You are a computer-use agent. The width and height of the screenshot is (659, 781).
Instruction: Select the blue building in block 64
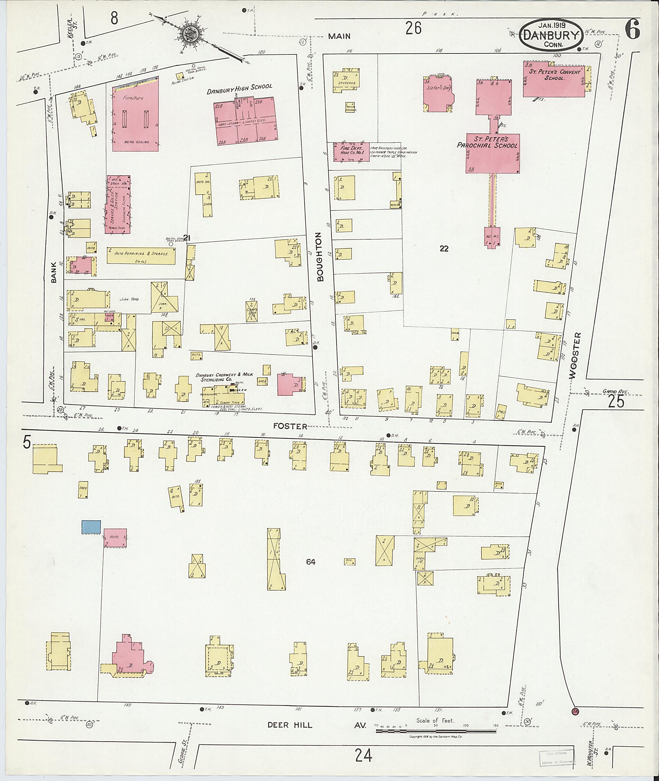point(91,527)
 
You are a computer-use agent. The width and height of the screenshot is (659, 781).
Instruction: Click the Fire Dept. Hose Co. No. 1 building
point(351,152)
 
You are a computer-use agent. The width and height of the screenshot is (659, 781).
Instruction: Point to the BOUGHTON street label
point(320,257)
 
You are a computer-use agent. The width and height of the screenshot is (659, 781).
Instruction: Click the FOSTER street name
point(290,426)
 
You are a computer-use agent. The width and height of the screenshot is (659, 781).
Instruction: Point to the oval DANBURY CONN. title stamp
point(551,35)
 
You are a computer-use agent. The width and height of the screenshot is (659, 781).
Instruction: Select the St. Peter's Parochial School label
point(488,142)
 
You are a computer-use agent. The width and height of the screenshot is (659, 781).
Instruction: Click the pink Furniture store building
point(135,114)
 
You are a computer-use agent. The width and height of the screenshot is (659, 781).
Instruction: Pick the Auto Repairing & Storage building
point(141,255)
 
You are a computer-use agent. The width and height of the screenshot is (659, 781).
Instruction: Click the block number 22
point(444,249)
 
